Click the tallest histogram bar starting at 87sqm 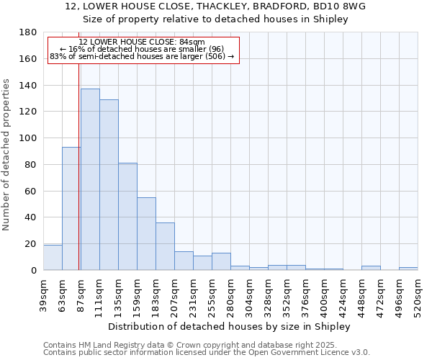click(x=90, y=180)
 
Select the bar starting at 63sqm click(x=71, y=209)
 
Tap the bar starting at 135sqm click(x=127, y=216)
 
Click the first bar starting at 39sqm click(x=53, y=258)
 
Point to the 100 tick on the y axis click(x=29, y=138)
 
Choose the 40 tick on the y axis click(x=32, y=217)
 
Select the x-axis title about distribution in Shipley click(x=229, y=327)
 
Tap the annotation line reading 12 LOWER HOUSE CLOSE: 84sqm click(x=142, y=42)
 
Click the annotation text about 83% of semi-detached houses click(x=142, y=56)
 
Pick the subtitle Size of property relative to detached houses click(x=215, y=19)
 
